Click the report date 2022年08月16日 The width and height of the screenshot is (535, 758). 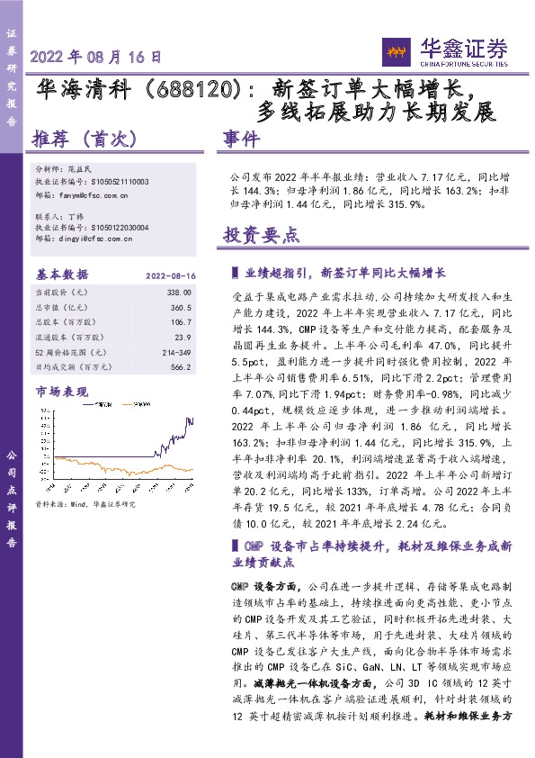[x=96, y=56]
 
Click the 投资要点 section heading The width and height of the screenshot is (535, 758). [x=261, y=236]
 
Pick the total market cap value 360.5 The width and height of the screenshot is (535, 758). [x=182, y=307]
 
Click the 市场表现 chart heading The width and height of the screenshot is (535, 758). [x=61, y=392]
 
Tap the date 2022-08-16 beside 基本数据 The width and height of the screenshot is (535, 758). [x=170, y=275]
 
